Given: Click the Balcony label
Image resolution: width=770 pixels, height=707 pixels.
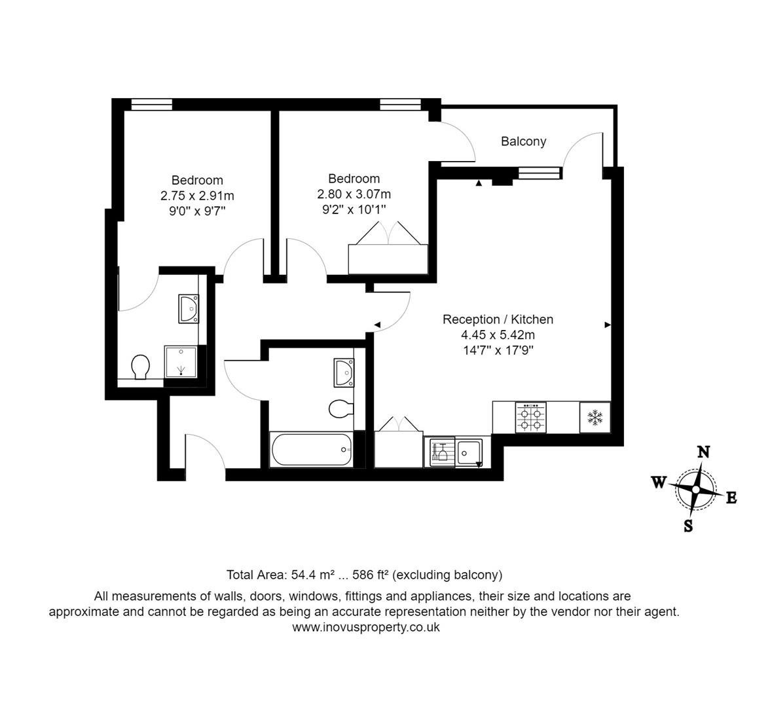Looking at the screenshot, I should tap(523, 141).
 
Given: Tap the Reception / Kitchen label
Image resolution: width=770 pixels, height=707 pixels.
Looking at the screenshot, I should tap(498, 319).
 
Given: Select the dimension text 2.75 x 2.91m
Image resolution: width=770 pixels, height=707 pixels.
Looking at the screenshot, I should tap(197, 195).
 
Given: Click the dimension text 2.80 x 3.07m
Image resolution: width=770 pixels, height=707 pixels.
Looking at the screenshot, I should tap(354, 194).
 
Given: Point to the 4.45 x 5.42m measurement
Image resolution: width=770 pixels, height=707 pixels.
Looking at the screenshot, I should tap(498, 335).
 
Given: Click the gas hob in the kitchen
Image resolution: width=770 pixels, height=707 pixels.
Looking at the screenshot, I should tap(530, 418).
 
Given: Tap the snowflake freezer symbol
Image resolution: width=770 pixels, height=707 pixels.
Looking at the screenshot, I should tap(595, 417).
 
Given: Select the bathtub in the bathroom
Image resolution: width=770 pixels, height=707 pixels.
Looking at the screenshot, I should tap(311, 449).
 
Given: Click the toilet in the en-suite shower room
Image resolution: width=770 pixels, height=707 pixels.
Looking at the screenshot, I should tap(140, 367).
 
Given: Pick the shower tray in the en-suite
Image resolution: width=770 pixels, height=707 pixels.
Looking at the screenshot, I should tap(180, 362).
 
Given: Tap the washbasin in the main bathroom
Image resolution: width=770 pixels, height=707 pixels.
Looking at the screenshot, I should tap(343, 372).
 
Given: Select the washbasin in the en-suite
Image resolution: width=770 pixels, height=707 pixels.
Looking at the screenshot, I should tap(189, 308).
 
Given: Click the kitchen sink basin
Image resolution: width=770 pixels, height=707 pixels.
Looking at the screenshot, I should tap(469, 452).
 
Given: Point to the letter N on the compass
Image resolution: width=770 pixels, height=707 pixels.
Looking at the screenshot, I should tap(703, 452).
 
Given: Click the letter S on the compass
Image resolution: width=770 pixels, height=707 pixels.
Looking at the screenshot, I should tap(688, 525).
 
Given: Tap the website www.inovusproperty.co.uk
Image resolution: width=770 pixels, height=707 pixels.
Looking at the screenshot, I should tap(366, 627).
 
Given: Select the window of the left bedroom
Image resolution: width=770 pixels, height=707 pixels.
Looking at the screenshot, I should tap(151, 103).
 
